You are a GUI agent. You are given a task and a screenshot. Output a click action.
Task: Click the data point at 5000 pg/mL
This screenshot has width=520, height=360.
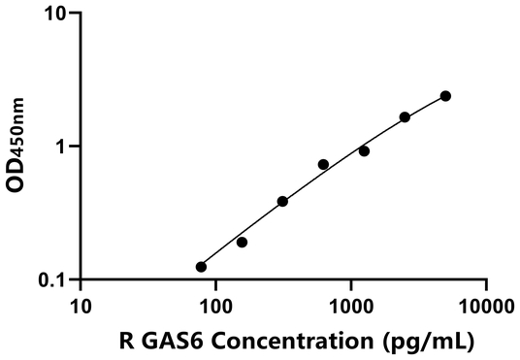pos(445,96)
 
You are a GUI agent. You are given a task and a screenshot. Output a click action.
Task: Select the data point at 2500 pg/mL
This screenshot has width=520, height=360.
pos(405,117)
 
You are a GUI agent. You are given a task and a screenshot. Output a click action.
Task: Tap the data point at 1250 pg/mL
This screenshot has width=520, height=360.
pos(364,151)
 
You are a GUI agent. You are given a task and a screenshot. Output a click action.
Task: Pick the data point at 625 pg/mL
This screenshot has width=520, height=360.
pos(323,165)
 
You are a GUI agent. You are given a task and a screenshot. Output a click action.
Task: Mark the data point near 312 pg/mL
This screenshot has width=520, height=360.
pos(282,202)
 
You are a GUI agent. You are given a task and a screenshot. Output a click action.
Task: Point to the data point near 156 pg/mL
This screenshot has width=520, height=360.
pos(242,243)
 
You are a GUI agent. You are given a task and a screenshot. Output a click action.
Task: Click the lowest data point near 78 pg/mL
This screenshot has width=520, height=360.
pos(201,267)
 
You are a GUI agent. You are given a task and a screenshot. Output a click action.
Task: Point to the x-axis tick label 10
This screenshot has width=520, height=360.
pos(81,308)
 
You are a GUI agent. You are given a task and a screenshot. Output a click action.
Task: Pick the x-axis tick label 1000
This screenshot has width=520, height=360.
pos(350,308)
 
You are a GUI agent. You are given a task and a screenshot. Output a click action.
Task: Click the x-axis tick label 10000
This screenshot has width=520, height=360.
pos(485,308)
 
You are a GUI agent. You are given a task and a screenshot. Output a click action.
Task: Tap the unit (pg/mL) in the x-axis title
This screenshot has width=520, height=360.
pos(426,341)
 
